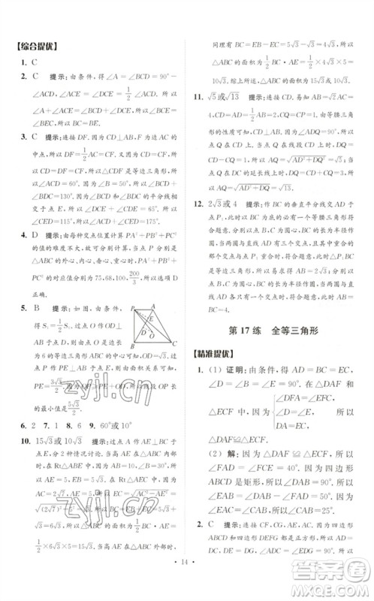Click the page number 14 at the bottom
coord(186,580)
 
